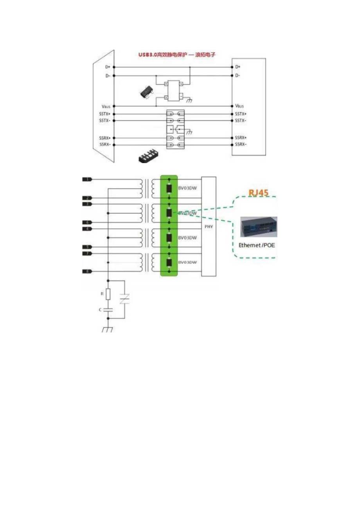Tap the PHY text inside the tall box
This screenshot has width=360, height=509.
point(208,226)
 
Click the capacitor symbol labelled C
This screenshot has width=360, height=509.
point(108,309)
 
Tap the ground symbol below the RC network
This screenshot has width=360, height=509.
point(108,329)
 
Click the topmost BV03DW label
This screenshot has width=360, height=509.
point(187,188)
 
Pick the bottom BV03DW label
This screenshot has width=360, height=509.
point(187,262)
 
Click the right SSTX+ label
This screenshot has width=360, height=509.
point(241,113)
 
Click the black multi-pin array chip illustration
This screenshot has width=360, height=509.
point(148,157)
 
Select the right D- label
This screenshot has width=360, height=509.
point(238,75)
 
